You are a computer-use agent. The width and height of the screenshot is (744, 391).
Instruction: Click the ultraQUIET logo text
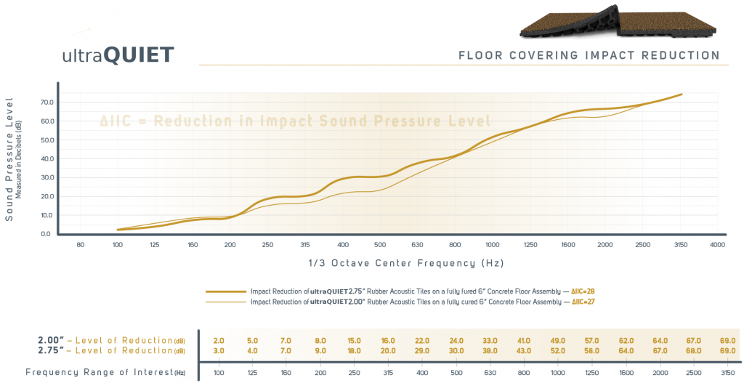pyautogui.click(x=118, y=55)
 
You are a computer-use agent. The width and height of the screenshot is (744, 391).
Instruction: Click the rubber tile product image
pyautogui.click(x=618, y=20)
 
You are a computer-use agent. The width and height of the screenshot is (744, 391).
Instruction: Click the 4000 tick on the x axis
pyautogui.click(x=717, y=246)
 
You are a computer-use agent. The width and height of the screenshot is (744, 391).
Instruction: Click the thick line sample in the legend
pyautogui.click(x=225, y=290)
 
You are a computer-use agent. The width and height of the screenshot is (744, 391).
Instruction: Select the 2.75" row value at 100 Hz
pyautogui.click(x=219, y=350)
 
